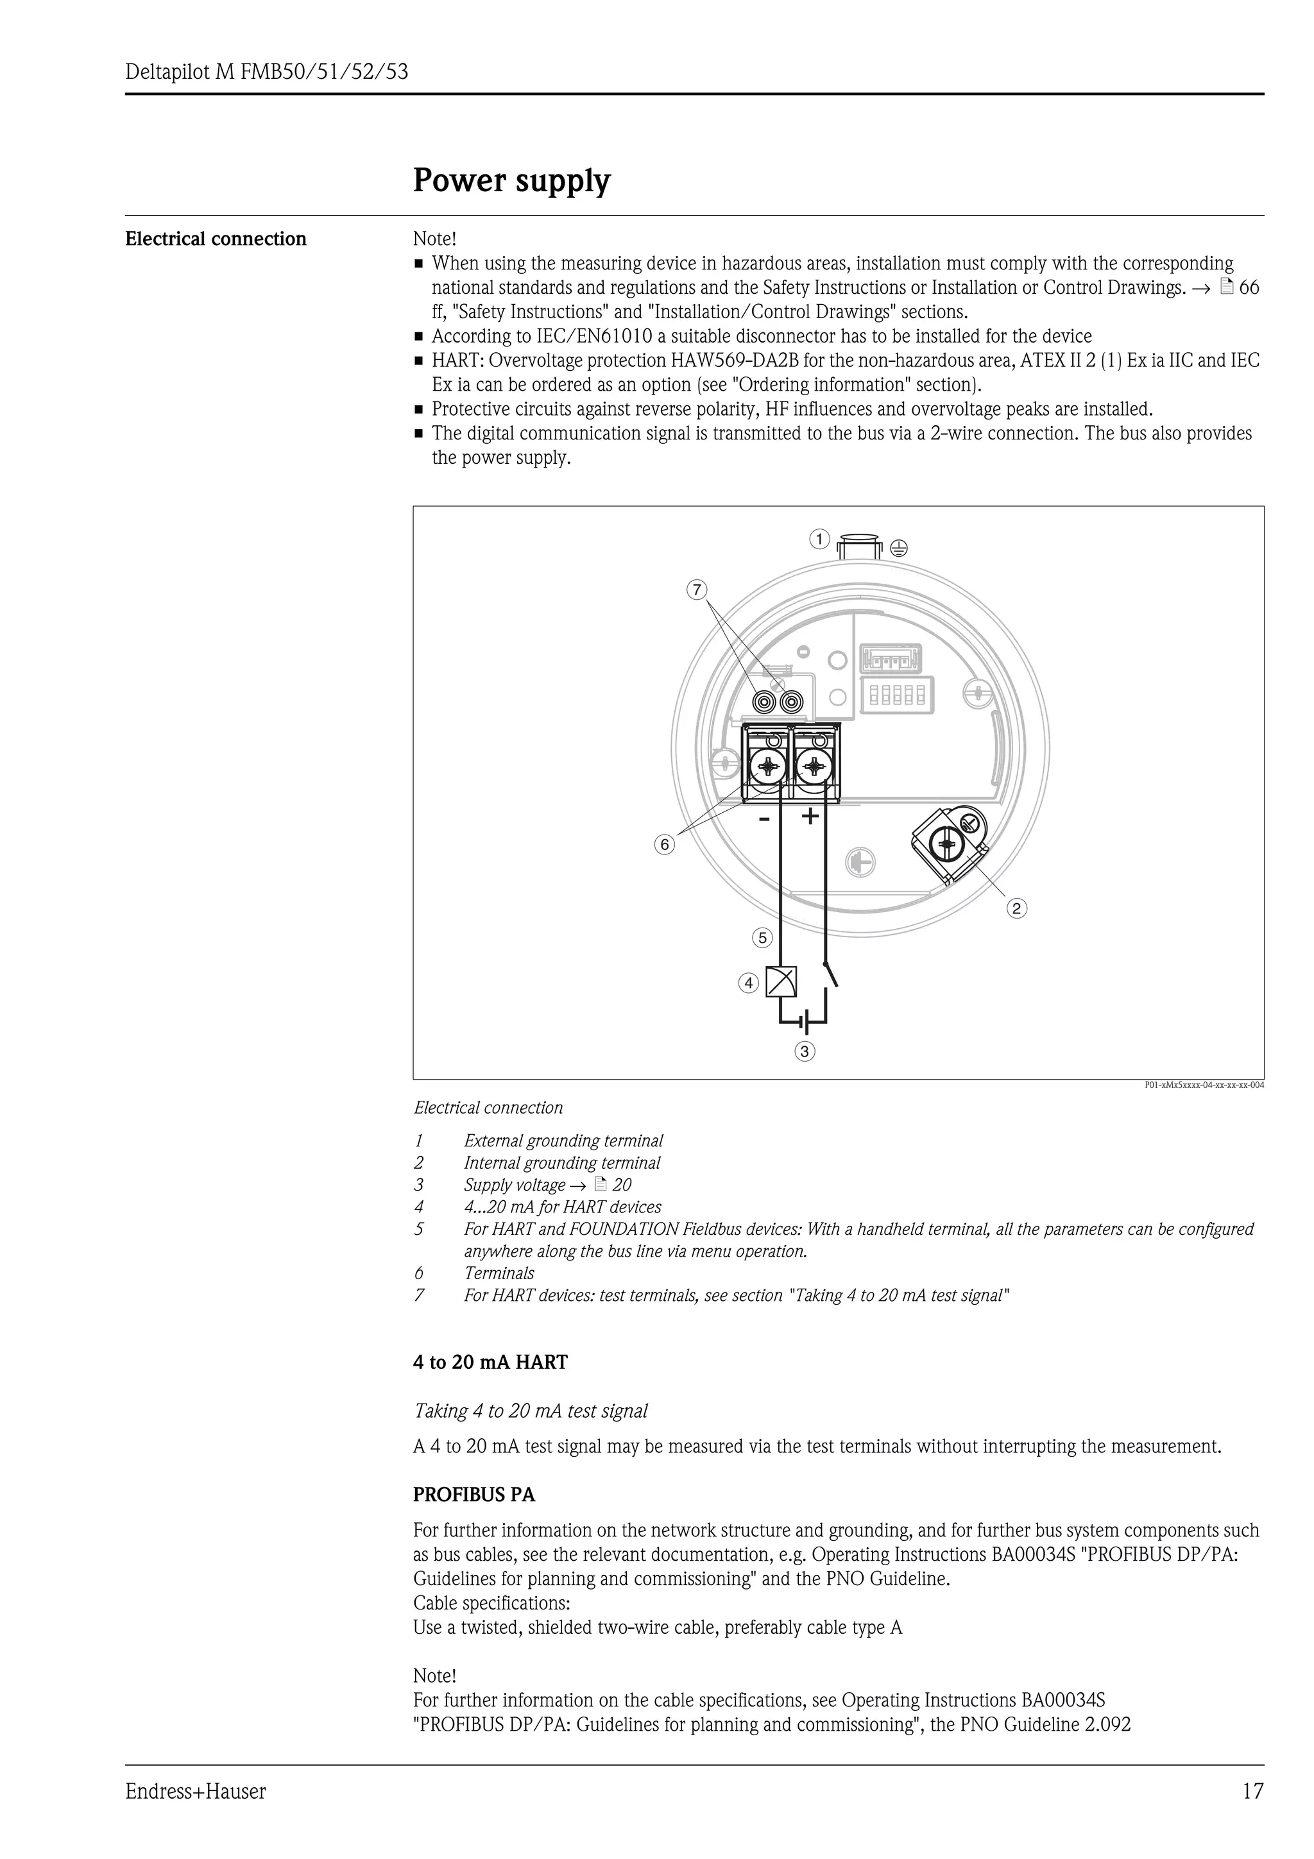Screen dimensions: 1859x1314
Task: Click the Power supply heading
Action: (x=511, y=180)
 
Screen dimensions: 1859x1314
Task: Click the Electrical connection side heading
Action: (x=216, y=239)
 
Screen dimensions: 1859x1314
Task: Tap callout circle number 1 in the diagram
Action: (x=819, y=539)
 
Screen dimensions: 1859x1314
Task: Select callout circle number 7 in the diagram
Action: (x=696, y=590)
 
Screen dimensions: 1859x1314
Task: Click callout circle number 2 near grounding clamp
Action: (x=1017, y=908)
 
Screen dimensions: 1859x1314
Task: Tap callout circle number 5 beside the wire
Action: (x=762, y=938)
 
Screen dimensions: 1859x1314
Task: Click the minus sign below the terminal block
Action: (x=764, y=819)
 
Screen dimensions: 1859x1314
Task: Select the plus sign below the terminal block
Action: (x=810, y=816)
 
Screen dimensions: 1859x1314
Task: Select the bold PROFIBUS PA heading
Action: (x=474, y=1495)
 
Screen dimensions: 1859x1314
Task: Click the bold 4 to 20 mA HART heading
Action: (x=490, y=1362)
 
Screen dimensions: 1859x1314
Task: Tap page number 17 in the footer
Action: (x=1252, y=1791)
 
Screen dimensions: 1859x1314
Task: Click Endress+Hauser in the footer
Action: (x=195, y=1792)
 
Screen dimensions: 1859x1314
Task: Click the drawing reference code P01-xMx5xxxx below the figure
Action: (x=1203, y=1085)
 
